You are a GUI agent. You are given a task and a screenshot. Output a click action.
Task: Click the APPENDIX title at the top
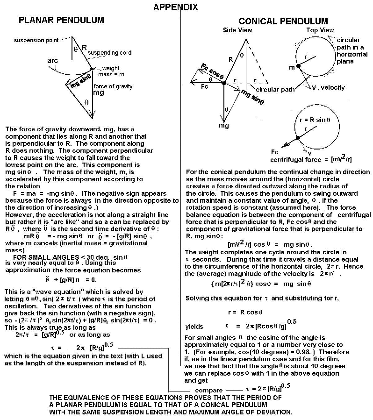175,7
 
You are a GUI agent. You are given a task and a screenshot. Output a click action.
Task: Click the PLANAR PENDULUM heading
61,20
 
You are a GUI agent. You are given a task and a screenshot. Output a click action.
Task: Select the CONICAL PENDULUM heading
283,21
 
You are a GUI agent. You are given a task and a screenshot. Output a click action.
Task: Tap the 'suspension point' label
35,40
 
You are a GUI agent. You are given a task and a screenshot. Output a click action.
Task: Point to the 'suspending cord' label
109,52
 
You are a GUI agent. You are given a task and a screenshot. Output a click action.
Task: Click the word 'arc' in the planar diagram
53,61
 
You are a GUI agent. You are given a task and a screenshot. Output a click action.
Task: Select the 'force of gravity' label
113,86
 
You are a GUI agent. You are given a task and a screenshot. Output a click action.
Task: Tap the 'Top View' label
320,30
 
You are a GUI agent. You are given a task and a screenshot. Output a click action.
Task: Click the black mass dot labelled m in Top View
298,67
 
